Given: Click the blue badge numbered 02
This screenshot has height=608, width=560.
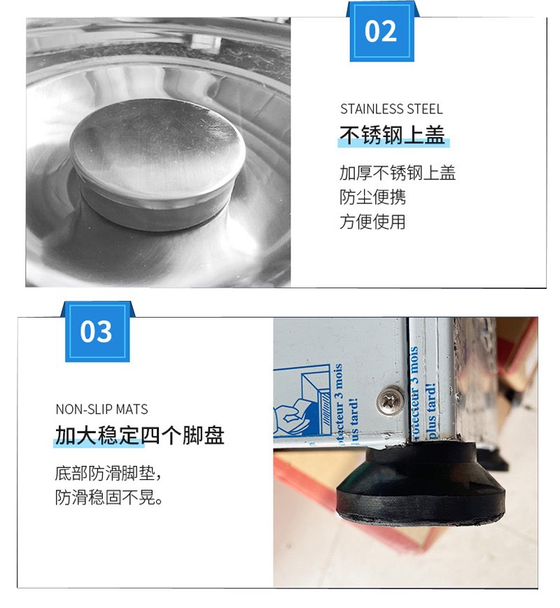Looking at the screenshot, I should coord(381,31).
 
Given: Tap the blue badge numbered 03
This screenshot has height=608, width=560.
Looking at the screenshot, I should coord(97,332).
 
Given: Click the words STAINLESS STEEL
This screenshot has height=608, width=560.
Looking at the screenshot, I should coord(391,109).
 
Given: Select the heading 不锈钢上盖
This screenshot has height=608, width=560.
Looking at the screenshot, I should coord(392,135).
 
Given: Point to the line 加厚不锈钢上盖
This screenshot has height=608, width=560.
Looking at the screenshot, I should coord(397,173).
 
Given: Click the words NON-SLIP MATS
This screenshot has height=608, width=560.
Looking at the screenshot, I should coord(101,409).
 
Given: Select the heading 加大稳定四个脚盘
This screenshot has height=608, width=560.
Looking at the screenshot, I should coord(139,436).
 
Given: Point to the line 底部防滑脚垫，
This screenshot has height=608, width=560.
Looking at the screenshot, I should coord(108,472).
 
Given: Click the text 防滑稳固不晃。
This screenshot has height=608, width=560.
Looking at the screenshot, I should coord(108,498).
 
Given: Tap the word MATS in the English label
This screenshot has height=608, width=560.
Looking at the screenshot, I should coord(132,409).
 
